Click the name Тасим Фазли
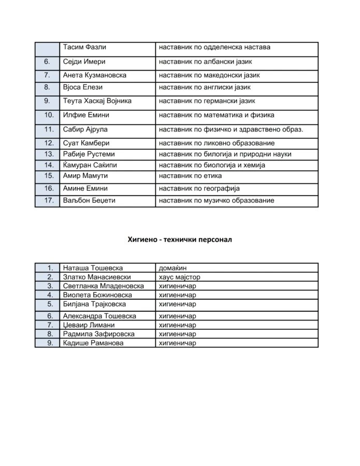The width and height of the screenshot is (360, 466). click(84, 47)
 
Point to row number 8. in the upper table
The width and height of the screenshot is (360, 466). click(47, 87)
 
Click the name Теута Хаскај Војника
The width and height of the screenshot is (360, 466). click(97, 101)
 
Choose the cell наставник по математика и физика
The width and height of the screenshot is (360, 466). click(217, 115)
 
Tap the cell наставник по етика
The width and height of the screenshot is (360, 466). click(191, 176)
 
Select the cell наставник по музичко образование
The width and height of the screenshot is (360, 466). click(217, 200)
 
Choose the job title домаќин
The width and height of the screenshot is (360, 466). click(172, 268)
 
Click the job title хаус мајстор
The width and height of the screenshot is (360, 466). click(179, 277)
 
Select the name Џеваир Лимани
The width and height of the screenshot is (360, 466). click(85, 325)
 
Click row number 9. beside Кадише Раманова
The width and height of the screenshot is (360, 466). click(50, 343)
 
